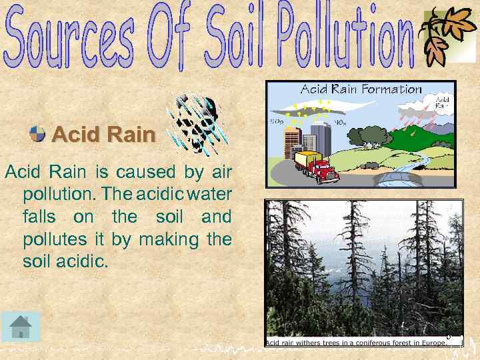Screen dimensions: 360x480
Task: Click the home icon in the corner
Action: pyautogui.click(x=21, y=327)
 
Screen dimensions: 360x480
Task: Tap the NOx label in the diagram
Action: pyautogui.click(x=339, y=122)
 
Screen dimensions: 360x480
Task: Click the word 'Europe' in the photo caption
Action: pyautogui.click(x=430, y=343)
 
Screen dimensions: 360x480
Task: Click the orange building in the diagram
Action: pyautogui.click(x=291, y=143)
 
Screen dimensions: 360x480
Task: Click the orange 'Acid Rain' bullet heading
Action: pyautogui.click(x=103, y=135)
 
